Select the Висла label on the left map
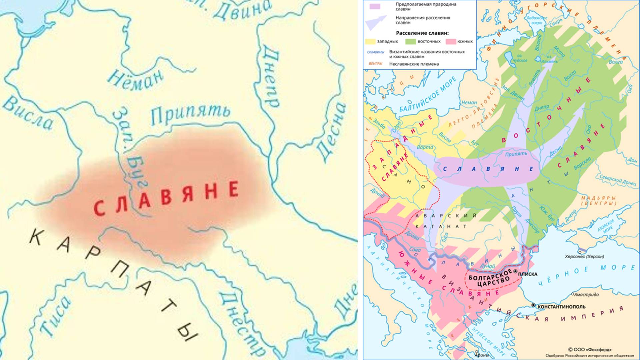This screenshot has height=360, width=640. point(28,113)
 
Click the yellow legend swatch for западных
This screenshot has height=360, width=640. point(370,42)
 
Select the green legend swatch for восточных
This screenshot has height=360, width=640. point(411,42)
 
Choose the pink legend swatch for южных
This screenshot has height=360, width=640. point(451,42)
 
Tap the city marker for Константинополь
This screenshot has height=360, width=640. point(533,305)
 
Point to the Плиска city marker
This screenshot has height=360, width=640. point(515,272)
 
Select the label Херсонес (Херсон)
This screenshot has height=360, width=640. point(584,257)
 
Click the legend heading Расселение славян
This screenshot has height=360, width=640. point(422,33)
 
